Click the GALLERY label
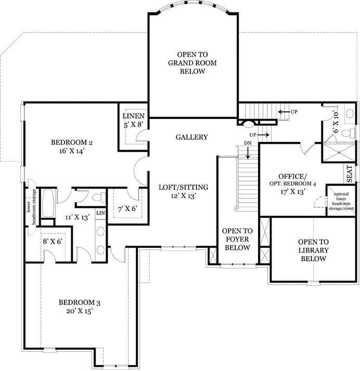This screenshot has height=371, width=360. point(191,137)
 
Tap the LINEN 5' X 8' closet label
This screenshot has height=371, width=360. point(134,120)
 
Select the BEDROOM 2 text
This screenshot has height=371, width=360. point(72,147)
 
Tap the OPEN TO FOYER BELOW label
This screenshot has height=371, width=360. point(237,239)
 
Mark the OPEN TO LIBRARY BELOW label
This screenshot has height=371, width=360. point(313,250)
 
